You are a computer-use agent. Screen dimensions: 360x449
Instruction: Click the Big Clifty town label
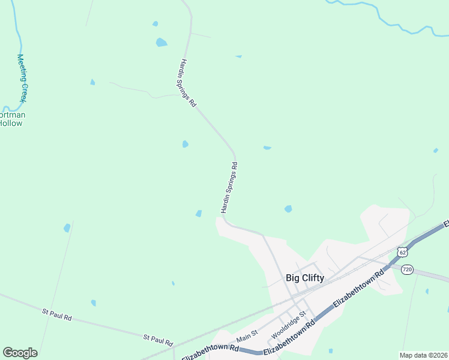(x=304, y=278)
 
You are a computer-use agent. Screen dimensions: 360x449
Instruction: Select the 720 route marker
(x=407, y=270)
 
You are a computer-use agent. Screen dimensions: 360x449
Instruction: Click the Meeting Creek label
(x=22, y=78)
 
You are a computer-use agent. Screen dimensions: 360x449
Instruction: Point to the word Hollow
(x=11, y=123)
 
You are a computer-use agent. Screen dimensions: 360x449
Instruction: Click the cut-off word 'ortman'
(x=12, y=115)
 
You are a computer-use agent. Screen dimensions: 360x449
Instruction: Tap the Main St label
(x=247, y=337)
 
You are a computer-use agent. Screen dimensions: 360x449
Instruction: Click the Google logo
(x=20, y=353)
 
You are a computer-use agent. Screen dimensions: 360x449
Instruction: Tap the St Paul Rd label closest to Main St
(x=158, y=339)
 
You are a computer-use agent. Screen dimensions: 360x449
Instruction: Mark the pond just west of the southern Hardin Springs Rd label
(x=199, y=213)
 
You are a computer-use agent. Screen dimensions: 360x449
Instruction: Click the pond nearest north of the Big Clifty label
(x=288, y=209)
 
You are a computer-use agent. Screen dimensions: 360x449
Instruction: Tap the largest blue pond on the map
(x=161, y=43)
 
